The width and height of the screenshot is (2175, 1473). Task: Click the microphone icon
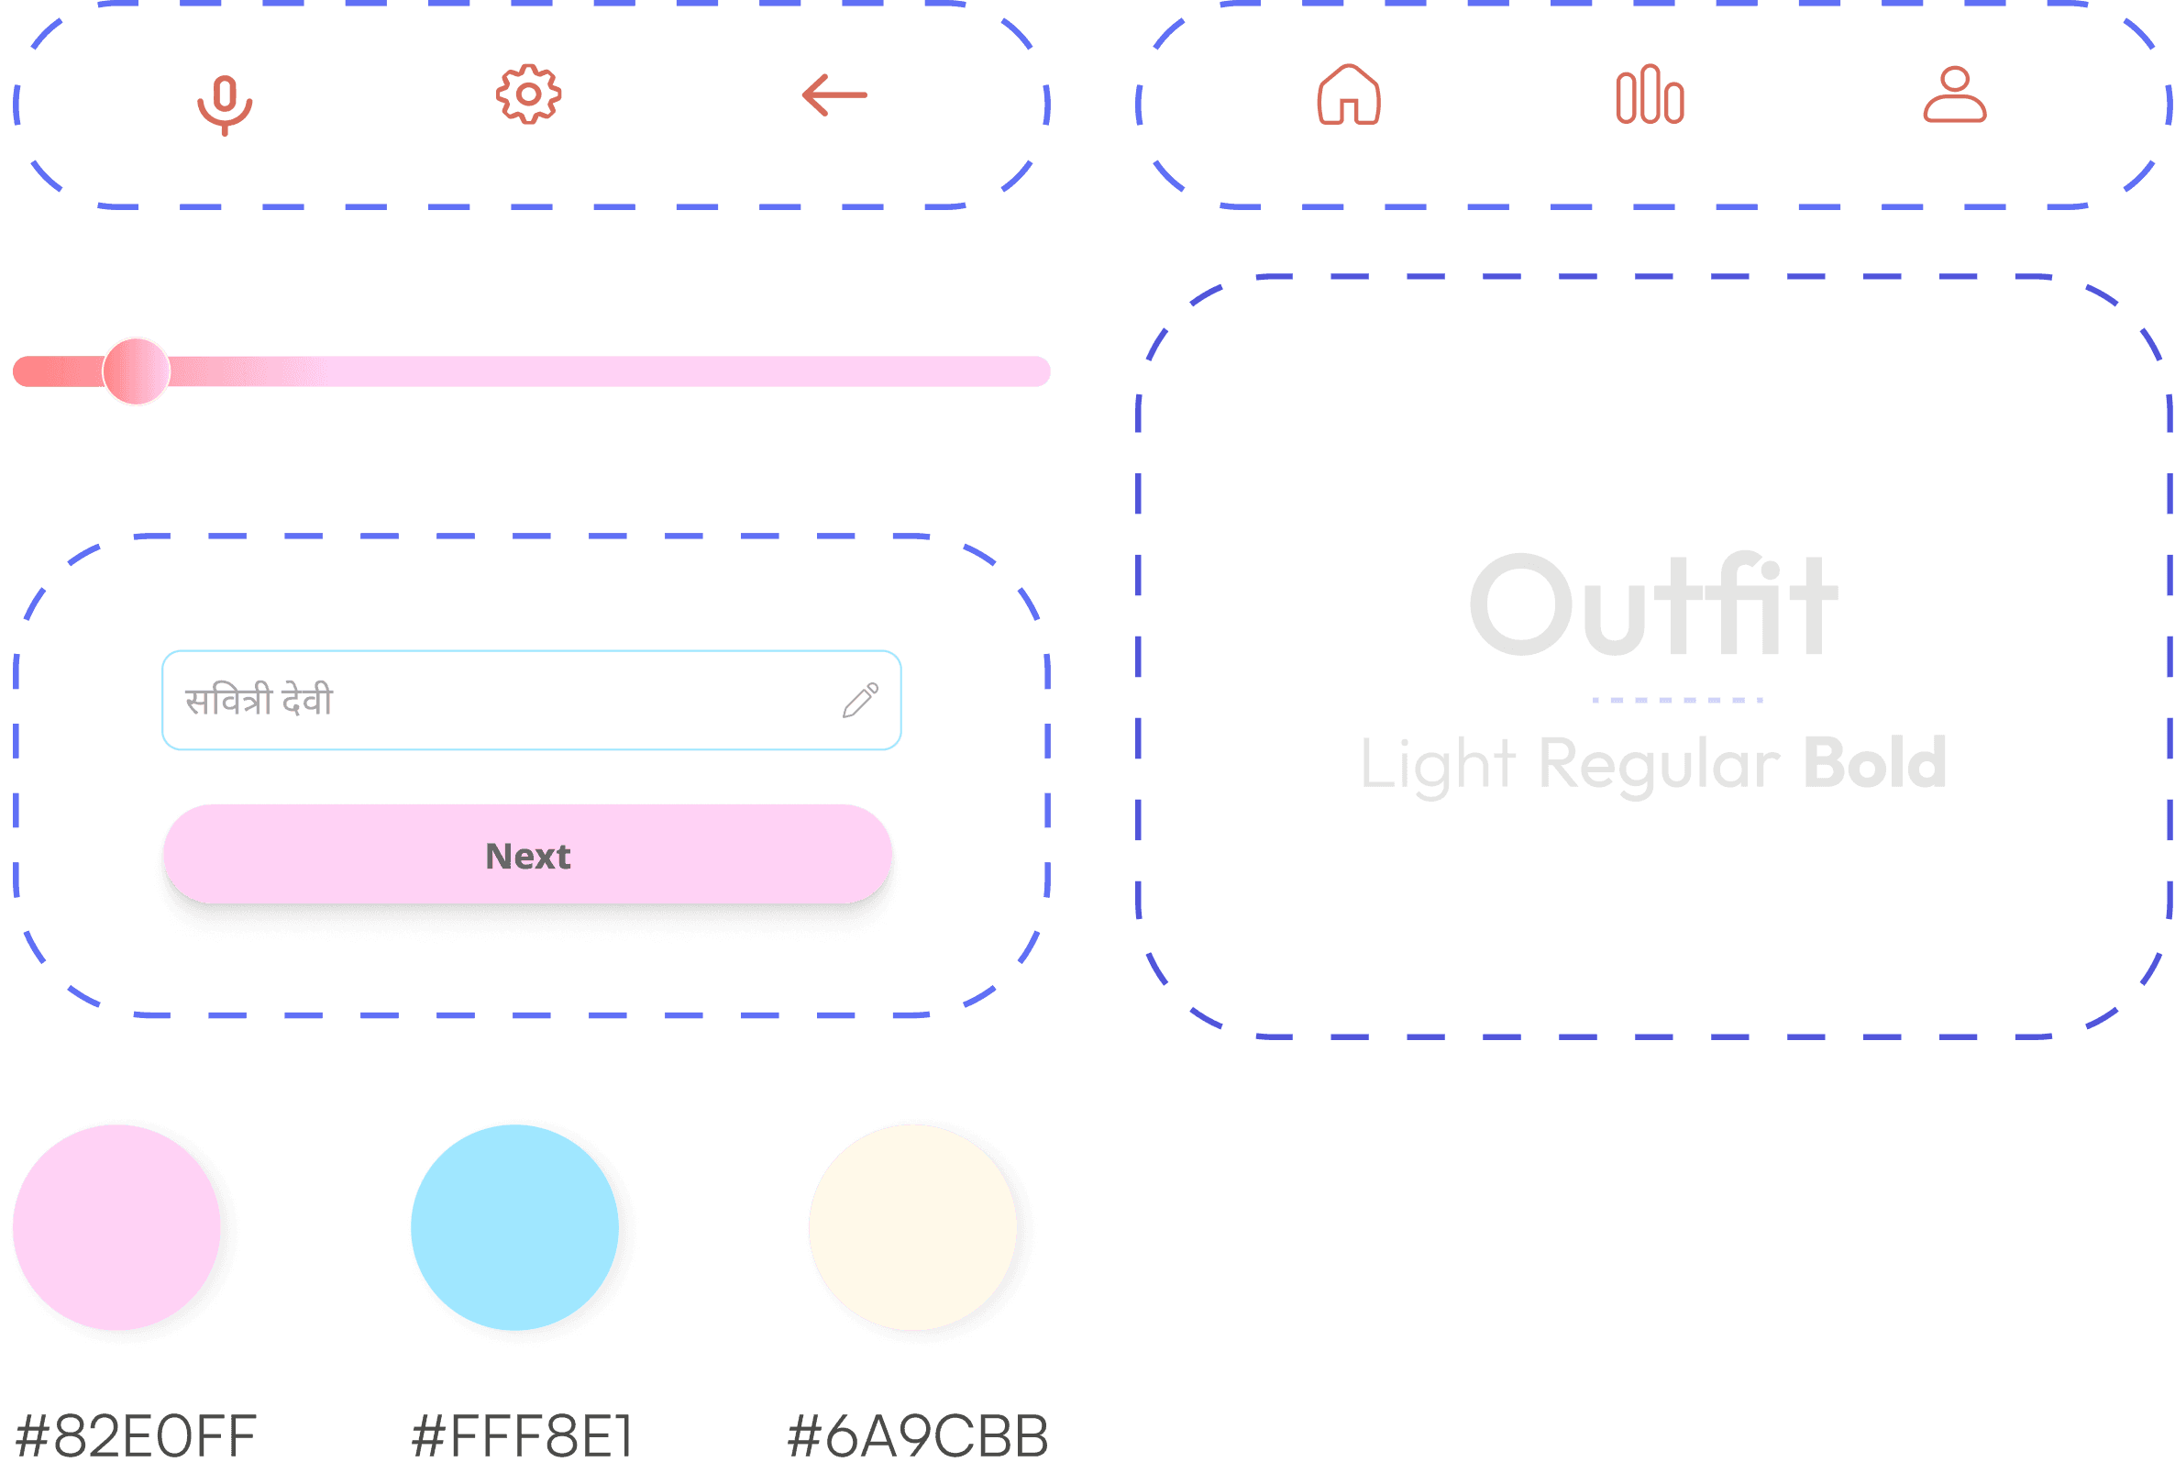point(225,102)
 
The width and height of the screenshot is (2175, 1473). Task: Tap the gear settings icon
point(529,94)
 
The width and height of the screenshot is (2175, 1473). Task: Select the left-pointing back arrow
point(834,94)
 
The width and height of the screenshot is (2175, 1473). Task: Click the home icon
point(1349,94)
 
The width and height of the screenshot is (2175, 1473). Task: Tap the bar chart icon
point(1650,94)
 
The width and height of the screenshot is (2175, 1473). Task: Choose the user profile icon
point(1955,94)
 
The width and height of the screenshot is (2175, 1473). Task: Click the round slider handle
point(137,371)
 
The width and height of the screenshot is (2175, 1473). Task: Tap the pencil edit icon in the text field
point(860,700)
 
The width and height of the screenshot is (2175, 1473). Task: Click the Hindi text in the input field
point(259,700)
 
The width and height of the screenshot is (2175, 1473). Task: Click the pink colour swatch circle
point(117,1227)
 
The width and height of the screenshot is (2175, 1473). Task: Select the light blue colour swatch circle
point(514,1227)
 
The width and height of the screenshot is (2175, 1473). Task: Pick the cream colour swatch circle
point(912,1227)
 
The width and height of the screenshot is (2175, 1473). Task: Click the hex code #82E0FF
point(137,1435)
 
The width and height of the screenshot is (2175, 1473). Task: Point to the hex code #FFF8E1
point(523,1435)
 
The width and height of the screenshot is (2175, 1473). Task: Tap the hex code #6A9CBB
point(918,1435)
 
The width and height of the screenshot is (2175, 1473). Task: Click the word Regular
point(1659,766)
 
